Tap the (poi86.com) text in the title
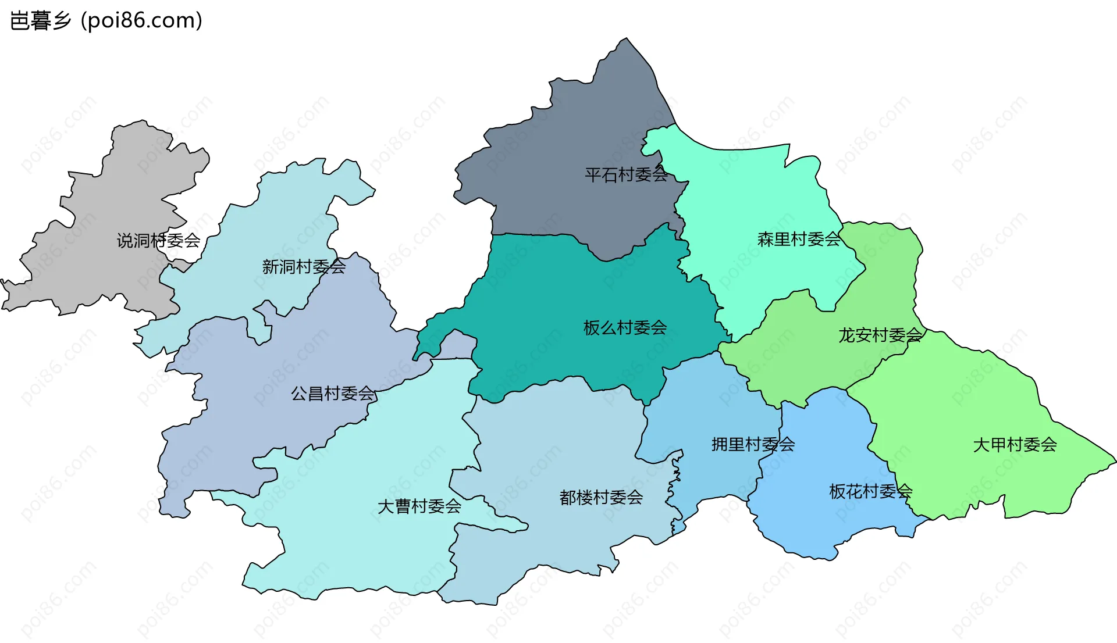tap(141, 21)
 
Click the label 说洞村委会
tap(158, 240)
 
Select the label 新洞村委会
tap(304, 267)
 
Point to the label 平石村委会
tap(626, 174)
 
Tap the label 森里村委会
tap(799, 239)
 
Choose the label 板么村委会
tap(625, 328)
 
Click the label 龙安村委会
tap(880, 335)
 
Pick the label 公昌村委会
tap(332, 394)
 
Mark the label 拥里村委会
tap(753, 445)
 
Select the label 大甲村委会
tap(1015, 445)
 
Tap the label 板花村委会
tap(870, 491)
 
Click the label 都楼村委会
tap(601, 498)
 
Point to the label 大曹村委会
tap(419, 506)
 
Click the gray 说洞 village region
tap(116, 192)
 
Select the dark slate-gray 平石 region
tap(570, 128)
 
